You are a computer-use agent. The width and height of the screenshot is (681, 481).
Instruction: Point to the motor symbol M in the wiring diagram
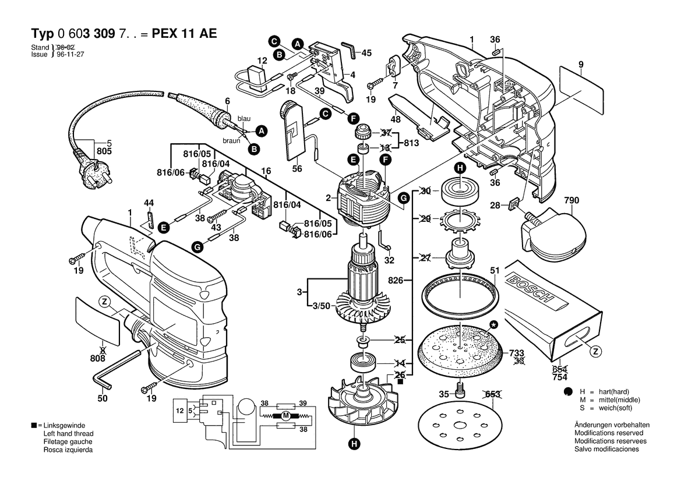pyautogui.click(x=285, y=416)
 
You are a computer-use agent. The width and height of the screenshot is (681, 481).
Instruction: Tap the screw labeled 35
pyautogui.click(x=459, y=394)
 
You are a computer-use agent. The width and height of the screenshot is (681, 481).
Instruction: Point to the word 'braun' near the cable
pyautogui.click(x=231, y=141)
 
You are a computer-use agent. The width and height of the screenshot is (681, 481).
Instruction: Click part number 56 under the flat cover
pyautogui.click(x=298, y=169)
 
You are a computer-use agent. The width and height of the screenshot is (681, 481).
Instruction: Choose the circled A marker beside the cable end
pyautogui.click(x=262, y=132)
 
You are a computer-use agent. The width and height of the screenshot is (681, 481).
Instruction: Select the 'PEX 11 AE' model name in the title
pyautogui.click(x=184, y=34)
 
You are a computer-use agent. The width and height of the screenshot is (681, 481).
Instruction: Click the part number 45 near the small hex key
pyautogui.click(x=366, y=53)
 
